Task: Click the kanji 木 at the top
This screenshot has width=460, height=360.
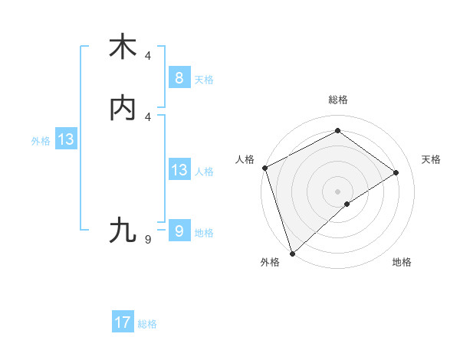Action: pos(123,47)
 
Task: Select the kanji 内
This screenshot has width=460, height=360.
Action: pos(123,109)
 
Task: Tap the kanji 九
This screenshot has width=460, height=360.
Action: pos(123,230)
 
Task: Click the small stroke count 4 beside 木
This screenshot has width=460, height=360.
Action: pos(148,56)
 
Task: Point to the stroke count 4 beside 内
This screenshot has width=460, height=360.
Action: pos(148,117)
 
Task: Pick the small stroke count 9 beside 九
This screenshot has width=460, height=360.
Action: pos(148,240)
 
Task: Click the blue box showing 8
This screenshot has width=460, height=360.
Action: pos(179,77)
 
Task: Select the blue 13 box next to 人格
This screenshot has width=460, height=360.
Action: pos(179,169)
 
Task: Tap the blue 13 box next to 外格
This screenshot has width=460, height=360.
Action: pos(65,139)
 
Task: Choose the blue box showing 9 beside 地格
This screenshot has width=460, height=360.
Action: pos(179,231)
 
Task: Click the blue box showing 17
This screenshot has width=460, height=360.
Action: pos(123,322)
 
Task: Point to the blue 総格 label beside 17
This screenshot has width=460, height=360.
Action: pos(147,324)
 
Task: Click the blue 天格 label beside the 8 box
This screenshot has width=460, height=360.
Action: pos(204,79)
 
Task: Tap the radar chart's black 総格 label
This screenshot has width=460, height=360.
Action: pos(337,100)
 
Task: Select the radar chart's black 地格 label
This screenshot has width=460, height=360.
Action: pos(402,262)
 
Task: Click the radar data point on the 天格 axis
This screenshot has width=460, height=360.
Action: pos(396,172)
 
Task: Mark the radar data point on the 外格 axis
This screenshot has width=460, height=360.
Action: pos(291,253)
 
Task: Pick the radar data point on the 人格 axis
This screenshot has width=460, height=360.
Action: pos(264,168)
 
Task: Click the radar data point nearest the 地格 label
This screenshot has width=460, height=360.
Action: pos(347,204)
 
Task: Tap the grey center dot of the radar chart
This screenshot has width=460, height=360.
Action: pos(337,191)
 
